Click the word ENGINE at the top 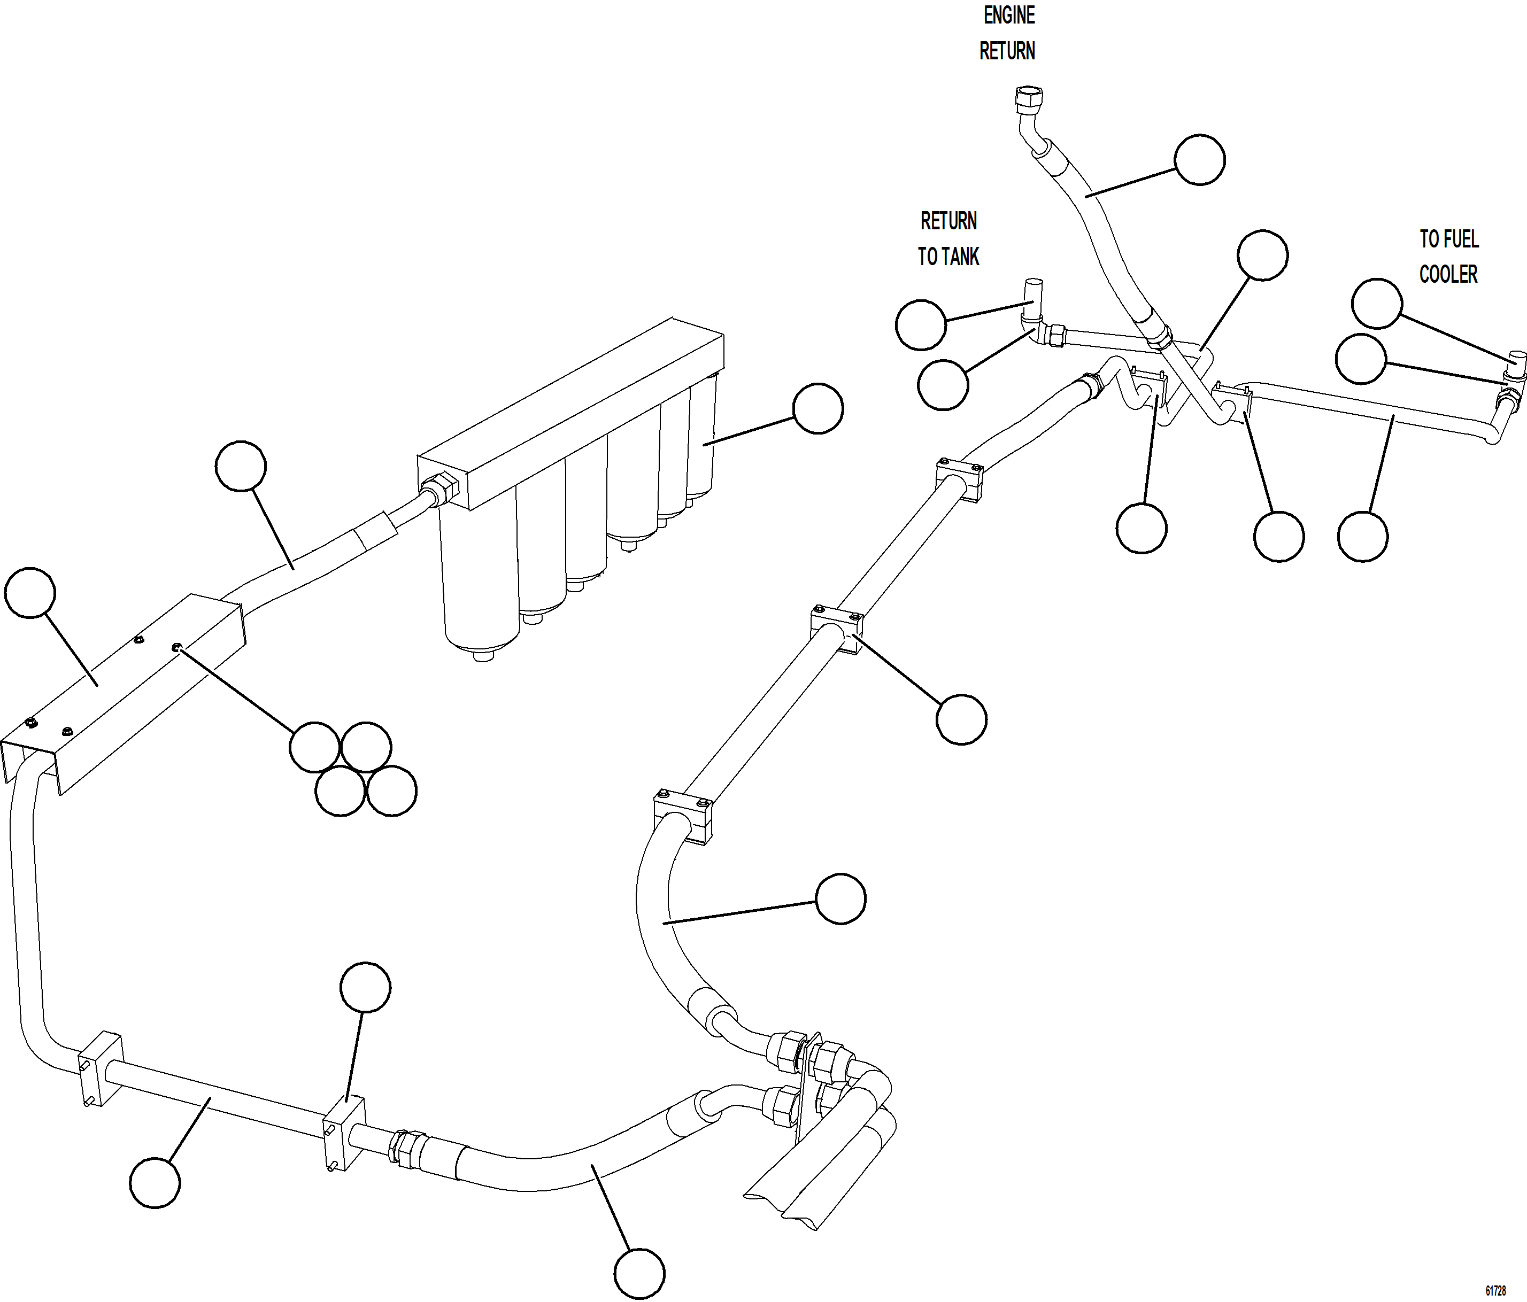click(x=1009, y=15)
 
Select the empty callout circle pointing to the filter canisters click(x=818, y=408)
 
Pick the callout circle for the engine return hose click(x=1199, y=160)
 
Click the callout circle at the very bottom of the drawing click(x=639, y=1273)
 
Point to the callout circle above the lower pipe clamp click(x=366, y=987)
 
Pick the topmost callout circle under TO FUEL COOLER click(x=1377, y=304)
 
